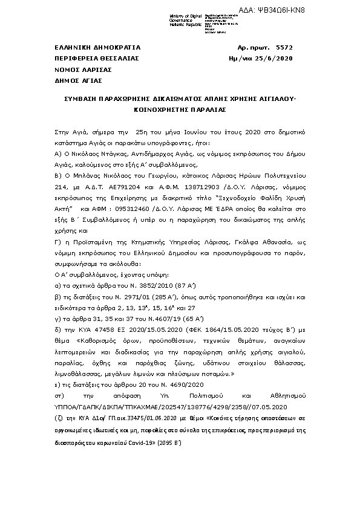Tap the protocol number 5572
[283, 47]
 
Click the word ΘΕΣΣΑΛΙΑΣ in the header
[119, 58]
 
